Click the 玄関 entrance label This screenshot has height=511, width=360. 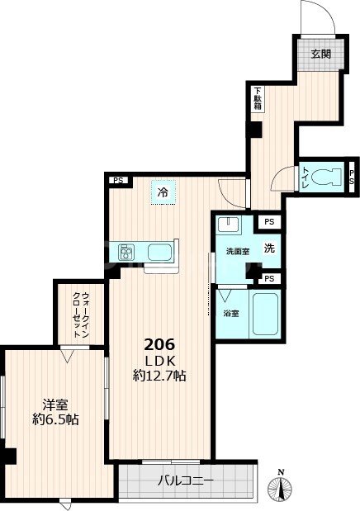320,54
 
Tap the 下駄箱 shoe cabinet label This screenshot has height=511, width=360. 258,98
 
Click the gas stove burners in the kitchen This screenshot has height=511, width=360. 129,251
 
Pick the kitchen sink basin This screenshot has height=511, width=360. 160,251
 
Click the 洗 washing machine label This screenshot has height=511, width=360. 269,247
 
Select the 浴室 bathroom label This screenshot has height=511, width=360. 231,313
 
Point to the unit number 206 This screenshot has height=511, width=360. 159,344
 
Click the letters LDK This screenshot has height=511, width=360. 159,360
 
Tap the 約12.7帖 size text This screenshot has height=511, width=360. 159,376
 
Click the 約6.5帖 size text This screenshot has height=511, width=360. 55,420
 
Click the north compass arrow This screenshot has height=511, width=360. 282,487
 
